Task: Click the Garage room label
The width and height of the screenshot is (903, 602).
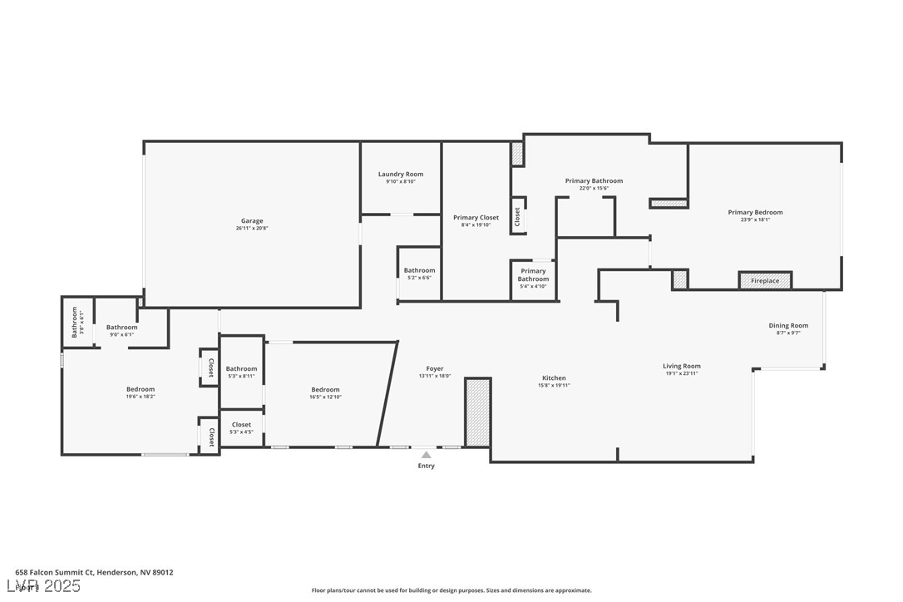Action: [251, 220]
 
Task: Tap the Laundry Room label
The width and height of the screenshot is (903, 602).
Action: [401, 174]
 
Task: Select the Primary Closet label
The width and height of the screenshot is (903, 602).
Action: [476, 217]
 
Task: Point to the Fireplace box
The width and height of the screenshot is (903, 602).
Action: [765, 281]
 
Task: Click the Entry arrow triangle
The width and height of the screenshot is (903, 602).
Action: [426, 455]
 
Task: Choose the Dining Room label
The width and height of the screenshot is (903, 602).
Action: [787, 325]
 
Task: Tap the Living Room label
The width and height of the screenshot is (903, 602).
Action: [681, 366]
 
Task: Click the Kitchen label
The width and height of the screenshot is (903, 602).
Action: [554, 377]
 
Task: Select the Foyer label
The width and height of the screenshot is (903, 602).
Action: [435, 368]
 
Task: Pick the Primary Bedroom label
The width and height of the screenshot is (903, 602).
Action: [755, 212]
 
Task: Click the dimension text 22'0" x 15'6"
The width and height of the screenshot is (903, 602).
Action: [594, 189]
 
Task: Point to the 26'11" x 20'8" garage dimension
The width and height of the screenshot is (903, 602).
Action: [251, 228]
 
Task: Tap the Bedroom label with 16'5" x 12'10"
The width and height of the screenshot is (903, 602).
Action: [325, 389]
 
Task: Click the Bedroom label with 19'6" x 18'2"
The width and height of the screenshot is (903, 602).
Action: [141, 389]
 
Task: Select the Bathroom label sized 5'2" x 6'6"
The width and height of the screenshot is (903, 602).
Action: [419, 270]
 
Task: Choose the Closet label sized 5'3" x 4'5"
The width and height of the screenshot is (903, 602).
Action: [241, 425]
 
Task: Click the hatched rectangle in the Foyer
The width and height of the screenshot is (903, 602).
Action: [477, 412]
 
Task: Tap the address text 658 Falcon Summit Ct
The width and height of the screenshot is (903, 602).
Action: [55, 572]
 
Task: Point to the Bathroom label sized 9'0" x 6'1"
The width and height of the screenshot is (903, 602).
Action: [121, 327]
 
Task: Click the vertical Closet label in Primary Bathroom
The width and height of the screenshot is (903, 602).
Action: [517, 217]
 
